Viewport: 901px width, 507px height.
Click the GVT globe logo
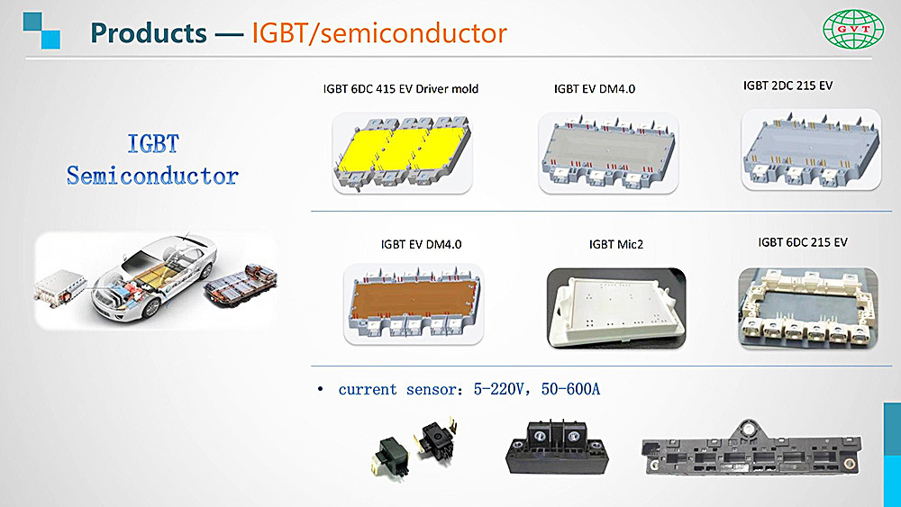pyautogui.click(x=853, y=30)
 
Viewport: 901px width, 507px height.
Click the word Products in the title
pyautogui.click(x=149, y=32)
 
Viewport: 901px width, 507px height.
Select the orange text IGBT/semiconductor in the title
pyautogui.click(x=379, y=33)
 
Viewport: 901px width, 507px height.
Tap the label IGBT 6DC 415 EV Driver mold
pyautogui.click(x=401, y=89)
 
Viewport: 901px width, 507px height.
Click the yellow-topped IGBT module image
pyautogui.click(x=402, y=152)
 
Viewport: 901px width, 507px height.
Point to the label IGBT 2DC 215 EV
pyautogui.click(x=787, y=86)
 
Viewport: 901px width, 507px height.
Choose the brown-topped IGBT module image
pyautogui.click(x=414, y=304)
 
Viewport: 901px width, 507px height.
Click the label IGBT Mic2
pyautogui.click(x=616, y=245)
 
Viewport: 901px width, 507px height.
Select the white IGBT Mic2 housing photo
pyautogui.click(x=616, y=308)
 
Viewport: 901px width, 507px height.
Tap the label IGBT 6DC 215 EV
pyautogui.click(x=803, y=242)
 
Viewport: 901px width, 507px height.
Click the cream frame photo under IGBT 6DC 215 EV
pyautogui.click(x=808, y=308)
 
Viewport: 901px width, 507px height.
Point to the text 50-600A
pyautogui.click(x=570, y=390)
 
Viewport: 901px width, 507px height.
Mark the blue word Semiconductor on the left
pyautogui.click(x=152, y=176)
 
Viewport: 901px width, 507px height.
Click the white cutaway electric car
pyautogui.click(x=154, y=276)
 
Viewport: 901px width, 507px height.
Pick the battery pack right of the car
pyautogui.click(x=241, y=285)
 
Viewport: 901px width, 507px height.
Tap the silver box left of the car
pyautogui.click(x=59, y=287)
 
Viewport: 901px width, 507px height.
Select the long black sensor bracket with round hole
pyautogui.click(x=751, y=450)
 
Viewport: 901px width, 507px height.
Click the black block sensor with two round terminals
pyautogui.click(x=557, y=447)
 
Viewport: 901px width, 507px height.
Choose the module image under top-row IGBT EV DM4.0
pyautogui.click(x=608, y=153)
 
